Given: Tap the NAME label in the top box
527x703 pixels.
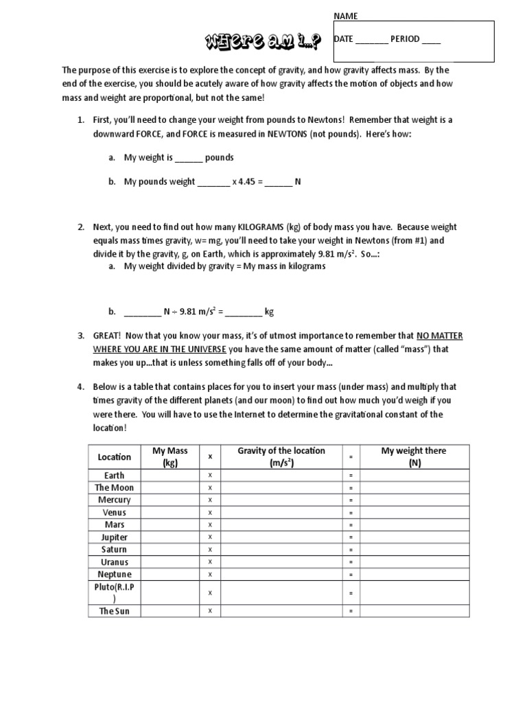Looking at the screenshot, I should tap(346, 16).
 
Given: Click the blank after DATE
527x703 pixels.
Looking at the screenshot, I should tap(371, 40).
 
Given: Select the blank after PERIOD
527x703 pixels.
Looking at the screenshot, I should tap(431, 40).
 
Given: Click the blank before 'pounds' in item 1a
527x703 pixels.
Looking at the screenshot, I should tap(189, 158).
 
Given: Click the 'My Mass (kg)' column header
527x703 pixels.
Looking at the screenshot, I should tap(169, 457).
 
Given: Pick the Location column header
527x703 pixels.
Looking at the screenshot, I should tap(114, 457).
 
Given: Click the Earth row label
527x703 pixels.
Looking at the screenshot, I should tap(114, 475).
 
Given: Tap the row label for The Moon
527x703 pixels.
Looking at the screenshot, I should tap(114, 487).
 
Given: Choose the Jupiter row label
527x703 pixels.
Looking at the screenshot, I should tap(114, 537).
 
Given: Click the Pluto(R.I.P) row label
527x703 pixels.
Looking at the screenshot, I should tap(114, 592).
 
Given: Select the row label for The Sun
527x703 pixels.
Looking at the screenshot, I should tap(114, 611).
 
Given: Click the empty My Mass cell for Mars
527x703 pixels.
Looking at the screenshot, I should tap(169, 525).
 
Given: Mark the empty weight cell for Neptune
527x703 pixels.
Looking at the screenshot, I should tap(414, 574).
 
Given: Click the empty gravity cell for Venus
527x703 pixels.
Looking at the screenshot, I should tap(281, 512).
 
